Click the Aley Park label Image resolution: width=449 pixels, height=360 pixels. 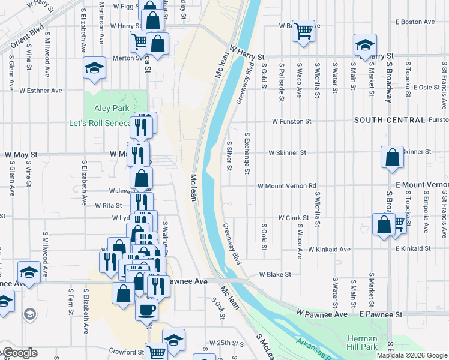(x=112, y=108)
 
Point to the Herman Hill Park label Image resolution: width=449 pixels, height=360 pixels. (x=362, y=343)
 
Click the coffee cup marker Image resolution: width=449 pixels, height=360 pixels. (x=146, y=309)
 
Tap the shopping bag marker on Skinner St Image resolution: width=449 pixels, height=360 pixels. (x=392, y=158)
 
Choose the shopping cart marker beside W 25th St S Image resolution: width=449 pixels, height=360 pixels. (x=156, y=352)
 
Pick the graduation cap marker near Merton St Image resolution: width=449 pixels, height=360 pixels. (x=94, y=67)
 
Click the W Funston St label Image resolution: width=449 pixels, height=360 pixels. (x=291, y=121)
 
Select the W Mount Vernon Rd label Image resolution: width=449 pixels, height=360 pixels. (x=287, y=186)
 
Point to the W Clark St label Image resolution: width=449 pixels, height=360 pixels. (x=293, y=218)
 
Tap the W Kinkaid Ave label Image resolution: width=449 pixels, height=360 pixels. (x=329, y=249)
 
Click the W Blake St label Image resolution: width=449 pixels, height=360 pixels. (x=274, y=274)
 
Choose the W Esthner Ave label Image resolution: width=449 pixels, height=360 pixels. (x=41, y=91)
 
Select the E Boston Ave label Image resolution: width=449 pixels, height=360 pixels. (x=414, y=22)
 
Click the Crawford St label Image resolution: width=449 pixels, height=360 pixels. (x=123, y=352)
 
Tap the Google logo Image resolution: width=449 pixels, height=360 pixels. (x=19, y=353)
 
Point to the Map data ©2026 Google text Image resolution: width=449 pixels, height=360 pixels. (x=411, y=355)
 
